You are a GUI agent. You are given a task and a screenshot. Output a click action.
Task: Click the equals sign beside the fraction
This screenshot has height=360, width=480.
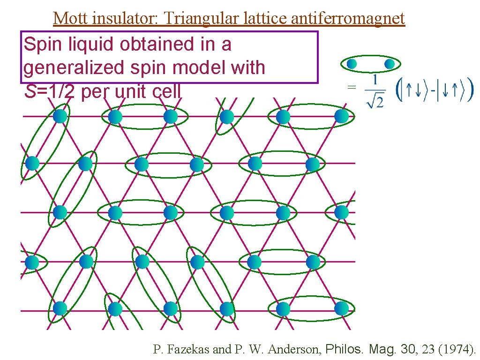point(351,87)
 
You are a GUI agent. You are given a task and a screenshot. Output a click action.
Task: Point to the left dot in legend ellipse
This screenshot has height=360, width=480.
point(352,63)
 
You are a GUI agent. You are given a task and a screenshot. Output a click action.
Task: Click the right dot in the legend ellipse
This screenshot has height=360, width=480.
point(389,63)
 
